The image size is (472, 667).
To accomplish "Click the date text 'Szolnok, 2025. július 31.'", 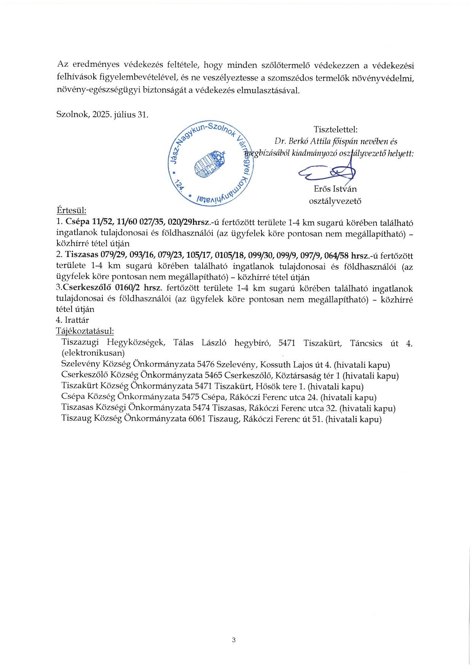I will [x=102, y=114].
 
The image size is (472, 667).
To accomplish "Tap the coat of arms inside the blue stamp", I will [x=210, y=164].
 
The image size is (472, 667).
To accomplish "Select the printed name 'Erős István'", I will [x=335, y=189].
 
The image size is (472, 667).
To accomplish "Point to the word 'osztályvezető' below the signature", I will [x=335, y=201].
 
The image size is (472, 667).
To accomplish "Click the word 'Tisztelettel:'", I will [x=335, y=130].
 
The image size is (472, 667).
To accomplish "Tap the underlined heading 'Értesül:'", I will [x=71, y=210].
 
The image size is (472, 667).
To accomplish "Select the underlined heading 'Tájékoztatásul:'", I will [x=85, y=331].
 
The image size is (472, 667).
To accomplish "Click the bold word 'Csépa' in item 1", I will [x=78, y=222].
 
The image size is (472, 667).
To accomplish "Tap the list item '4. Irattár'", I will [x=72, y=320].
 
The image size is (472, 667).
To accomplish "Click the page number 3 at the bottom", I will [x=234, y=640].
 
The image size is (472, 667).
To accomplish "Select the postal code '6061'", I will [x=197, y=419].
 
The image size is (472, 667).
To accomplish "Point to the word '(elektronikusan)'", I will [x=93, y=353].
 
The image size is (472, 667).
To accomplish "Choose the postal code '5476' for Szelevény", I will [x=206, y=365].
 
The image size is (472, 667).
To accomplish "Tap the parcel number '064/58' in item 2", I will [x=336, y=256].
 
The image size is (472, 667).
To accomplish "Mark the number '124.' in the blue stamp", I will [x=179, y=186].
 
